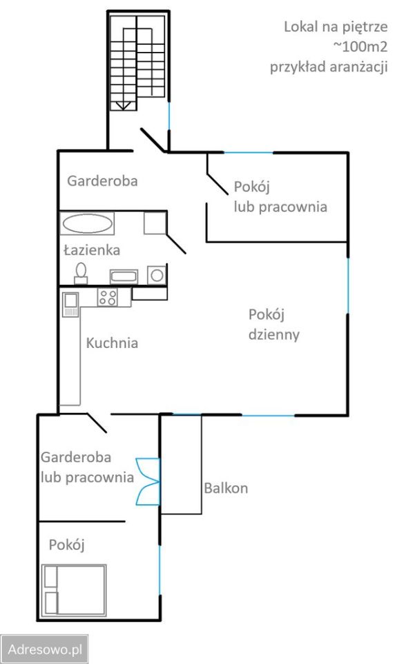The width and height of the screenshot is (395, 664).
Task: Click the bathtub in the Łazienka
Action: coord(87,223)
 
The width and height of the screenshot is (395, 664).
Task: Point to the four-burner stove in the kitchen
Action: coord(107,298)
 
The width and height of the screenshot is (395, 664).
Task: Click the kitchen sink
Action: coord(70,302)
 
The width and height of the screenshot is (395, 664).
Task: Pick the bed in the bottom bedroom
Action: coord(74,590)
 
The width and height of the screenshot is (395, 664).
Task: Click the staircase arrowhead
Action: coord(124,106)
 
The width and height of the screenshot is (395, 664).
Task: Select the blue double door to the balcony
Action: coord(148,481)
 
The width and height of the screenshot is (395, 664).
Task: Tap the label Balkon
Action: coord(225,488)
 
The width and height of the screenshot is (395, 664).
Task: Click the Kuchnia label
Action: coord(111,342)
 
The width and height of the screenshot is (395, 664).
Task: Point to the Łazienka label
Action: coord(92,250)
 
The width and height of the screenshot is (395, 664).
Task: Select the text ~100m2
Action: coord(359,47)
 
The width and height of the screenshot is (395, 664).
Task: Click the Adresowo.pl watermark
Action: coord(45,649)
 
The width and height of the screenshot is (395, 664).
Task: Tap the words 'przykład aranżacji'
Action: coord(328,66)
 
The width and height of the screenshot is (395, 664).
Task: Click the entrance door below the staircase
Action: coord(153,140)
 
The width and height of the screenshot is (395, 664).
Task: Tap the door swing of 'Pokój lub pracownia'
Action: coord(220,176)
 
